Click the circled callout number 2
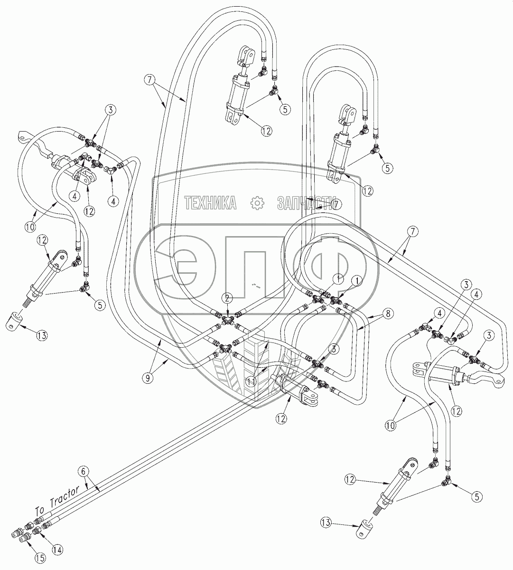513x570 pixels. click(x=228, y=298)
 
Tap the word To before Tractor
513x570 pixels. click(x=41, y=510)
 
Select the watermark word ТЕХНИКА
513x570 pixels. click(x=211, y=203)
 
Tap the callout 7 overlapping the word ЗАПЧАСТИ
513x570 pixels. click(x=336, y=203)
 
